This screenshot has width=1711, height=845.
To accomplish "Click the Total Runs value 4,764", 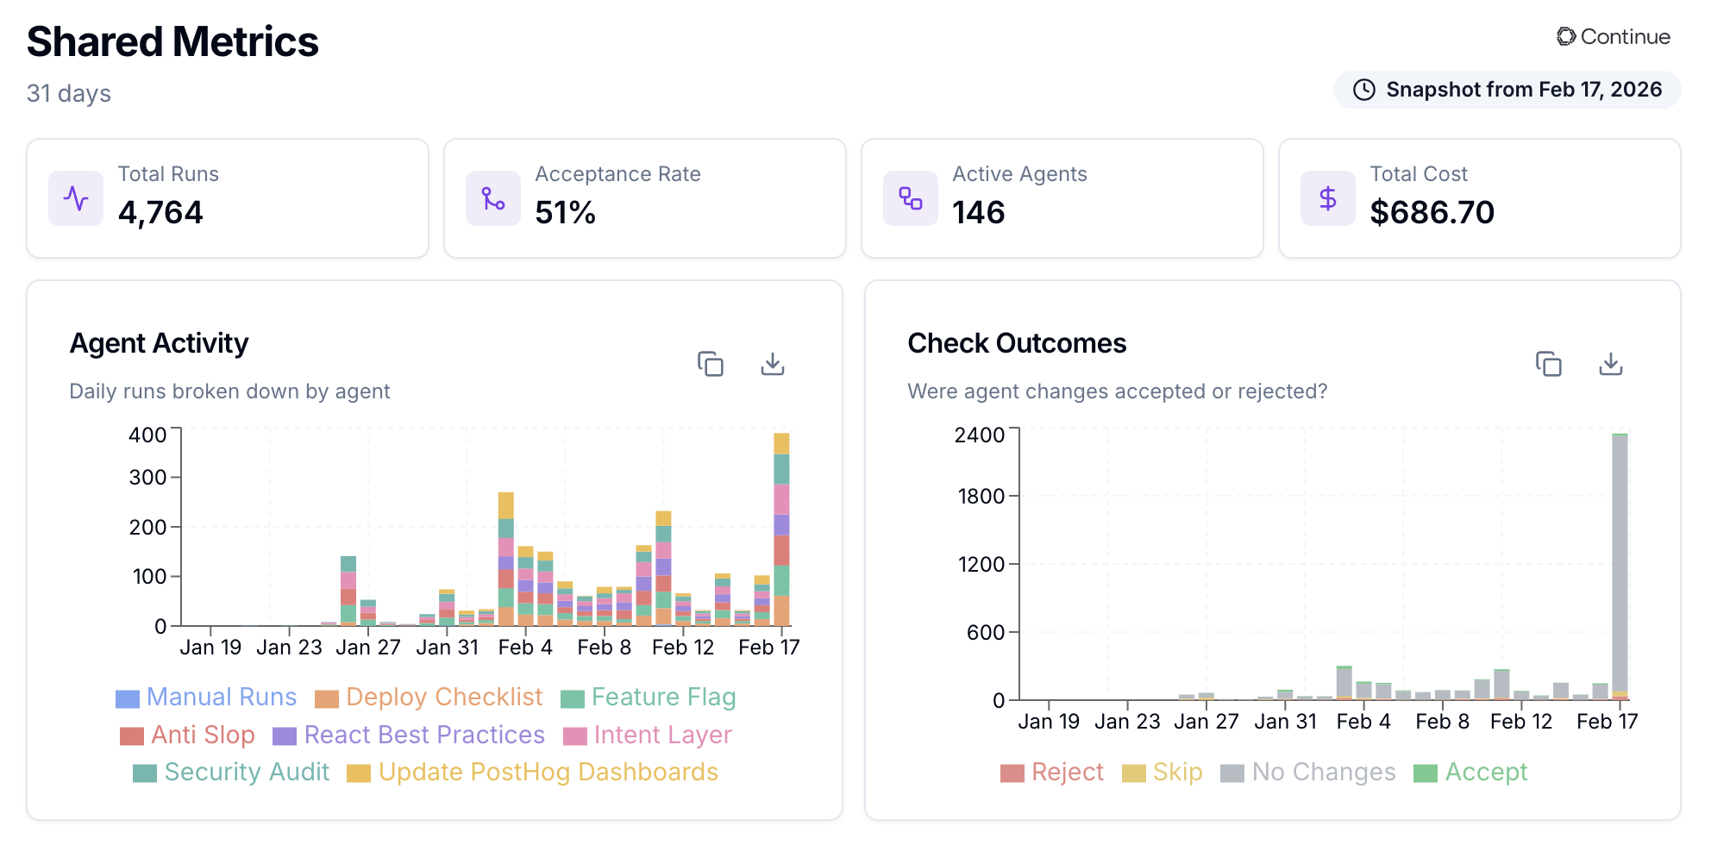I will coord(160,212).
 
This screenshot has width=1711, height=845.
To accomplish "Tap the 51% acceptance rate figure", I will coord(565,212).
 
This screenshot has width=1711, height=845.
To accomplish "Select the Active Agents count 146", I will coord(978,212).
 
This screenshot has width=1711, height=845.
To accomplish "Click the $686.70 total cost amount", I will coord(1432,212).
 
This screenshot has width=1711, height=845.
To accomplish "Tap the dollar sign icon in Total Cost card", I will coord(1327,198).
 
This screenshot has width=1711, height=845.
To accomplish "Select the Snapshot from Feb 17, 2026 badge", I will coord(1507,90).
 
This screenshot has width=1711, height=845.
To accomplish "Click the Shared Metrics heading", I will coord(172,42).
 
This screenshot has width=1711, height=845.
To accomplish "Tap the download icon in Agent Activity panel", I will coord(772,364).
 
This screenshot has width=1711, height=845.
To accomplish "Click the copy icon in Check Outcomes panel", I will coord(1548,364).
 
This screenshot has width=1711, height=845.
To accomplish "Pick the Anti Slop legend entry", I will coord(188,735).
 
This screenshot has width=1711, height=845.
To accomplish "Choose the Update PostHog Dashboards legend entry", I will coord(533,772).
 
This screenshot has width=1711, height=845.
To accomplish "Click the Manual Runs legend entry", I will coord(207,697).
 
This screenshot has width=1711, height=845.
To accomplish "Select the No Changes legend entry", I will coord(1308,772).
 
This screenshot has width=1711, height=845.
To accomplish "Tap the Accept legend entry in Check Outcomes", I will coord(1471,772).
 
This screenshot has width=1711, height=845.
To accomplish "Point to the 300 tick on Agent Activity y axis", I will coord(147,477).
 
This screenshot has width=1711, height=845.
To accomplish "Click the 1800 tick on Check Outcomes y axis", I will coord(981,496).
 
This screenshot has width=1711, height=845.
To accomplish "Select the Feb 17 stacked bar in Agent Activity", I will coord(781,530).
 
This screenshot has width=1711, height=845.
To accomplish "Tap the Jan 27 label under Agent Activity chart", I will coord(367,648).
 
